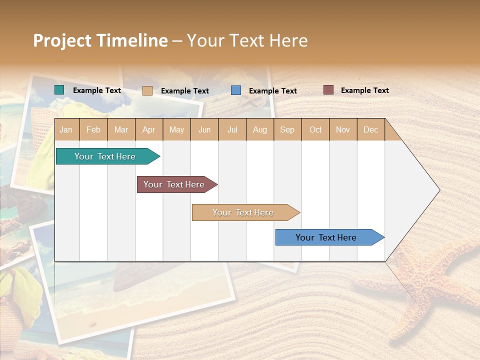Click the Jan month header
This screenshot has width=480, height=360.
coord(66,129)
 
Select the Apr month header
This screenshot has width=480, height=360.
coord(149,129)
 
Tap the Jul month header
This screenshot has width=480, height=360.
coord(232,129)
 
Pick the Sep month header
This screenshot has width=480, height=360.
coord(287,129)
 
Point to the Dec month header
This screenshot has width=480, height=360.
coord(370,129)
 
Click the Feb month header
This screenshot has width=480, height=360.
coord(93,129)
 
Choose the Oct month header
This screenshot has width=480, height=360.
coord(315,129)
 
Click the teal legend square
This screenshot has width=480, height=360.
coord(59,90)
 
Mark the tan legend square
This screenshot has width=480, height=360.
coord(147,90)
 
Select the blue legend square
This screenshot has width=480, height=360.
coord(236,90)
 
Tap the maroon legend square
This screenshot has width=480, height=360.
coord(328,90)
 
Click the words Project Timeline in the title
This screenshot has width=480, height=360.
coord(100,40)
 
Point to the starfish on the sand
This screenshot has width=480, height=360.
coord(425,280)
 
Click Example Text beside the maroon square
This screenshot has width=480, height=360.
coord(364,90)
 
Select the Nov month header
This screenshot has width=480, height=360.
coord(343,129)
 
